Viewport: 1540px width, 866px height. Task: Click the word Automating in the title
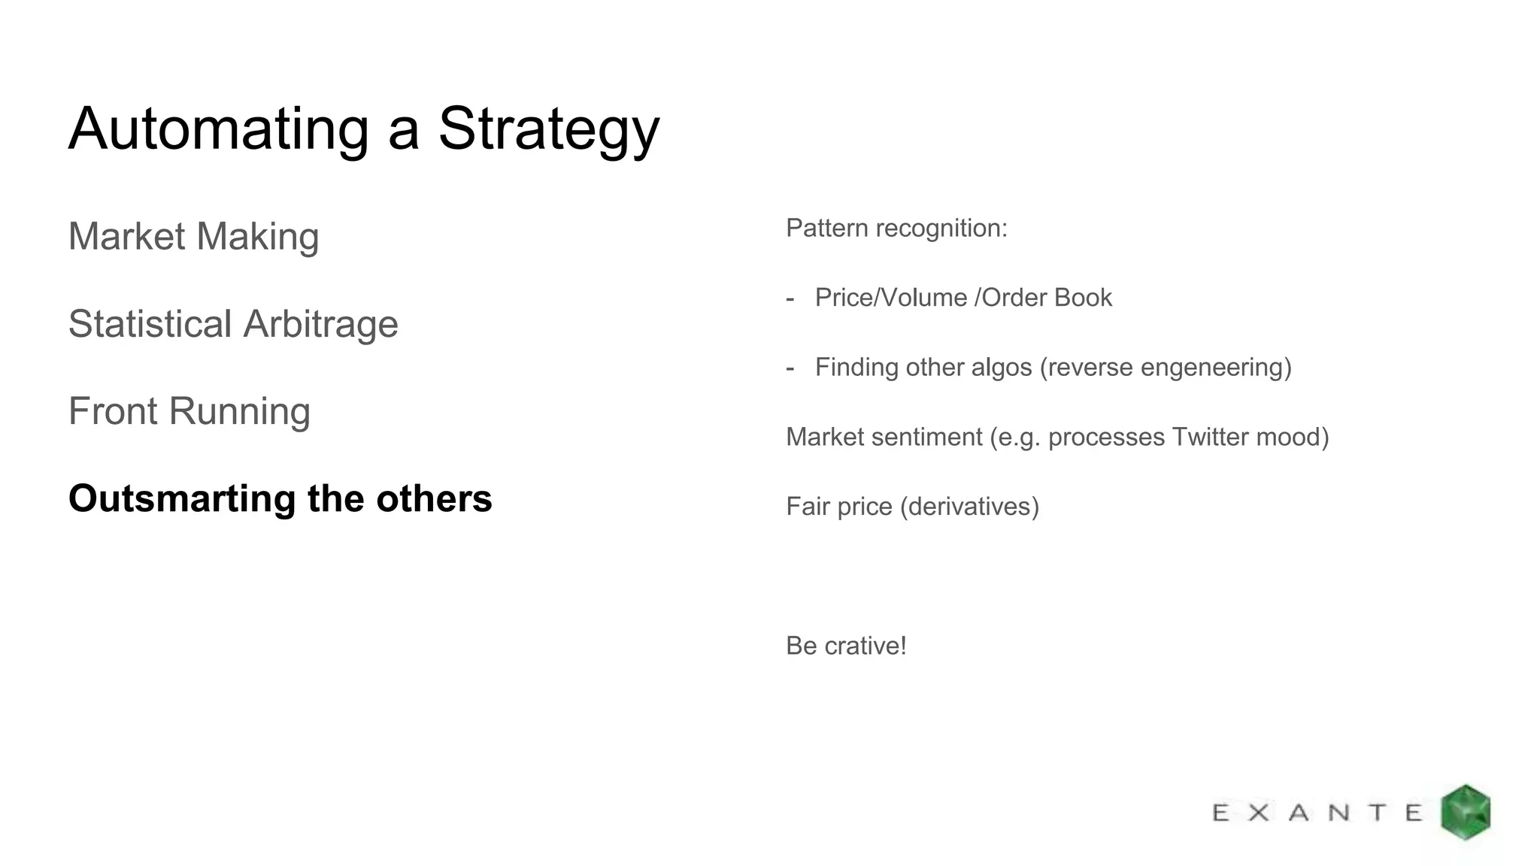point(218,129)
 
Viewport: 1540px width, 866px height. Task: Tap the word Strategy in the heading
point(548,129)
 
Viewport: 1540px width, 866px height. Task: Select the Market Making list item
point(193,236)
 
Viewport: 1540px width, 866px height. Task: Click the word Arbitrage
point(320,324)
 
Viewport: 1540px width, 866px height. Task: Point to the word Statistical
point(149,324)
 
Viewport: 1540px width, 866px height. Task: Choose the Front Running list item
point(189,411)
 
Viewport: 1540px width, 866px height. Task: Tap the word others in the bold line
point(434,498)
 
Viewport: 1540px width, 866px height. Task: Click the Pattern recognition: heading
point(896,228)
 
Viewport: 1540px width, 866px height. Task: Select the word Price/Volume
point(891,298)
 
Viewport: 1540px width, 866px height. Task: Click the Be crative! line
point(846,646)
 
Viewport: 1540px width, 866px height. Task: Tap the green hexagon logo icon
point(1465,812)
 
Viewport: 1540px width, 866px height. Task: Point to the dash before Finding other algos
point(790,368)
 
